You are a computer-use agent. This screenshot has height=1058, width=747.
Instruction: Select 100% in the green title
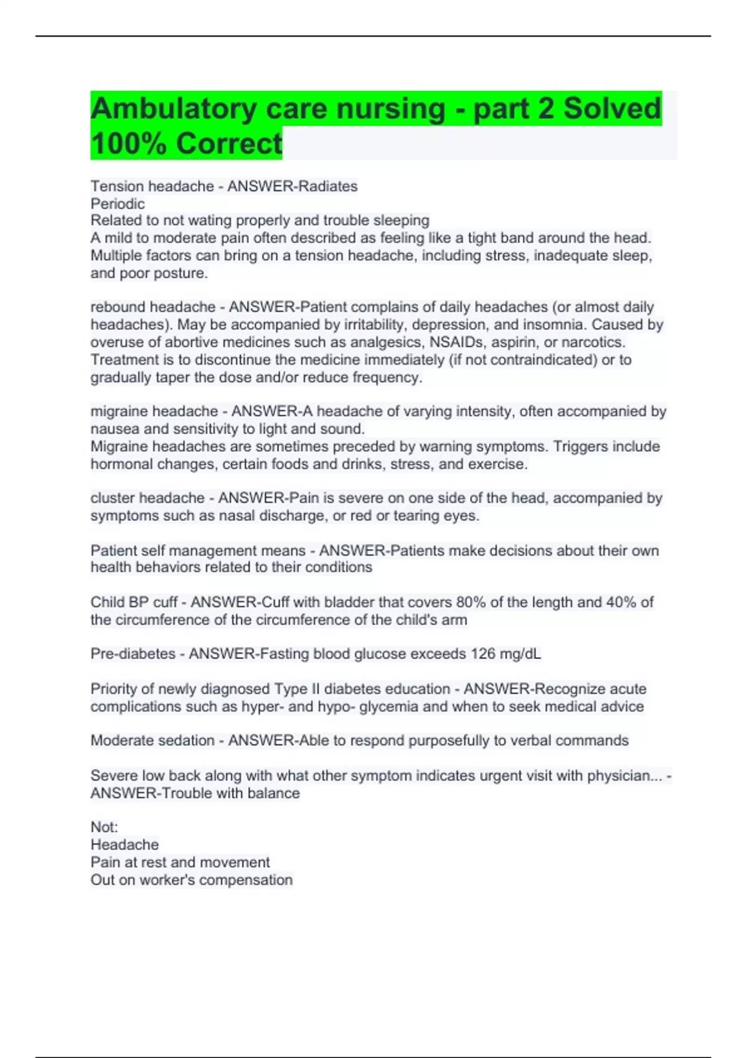pyautogui.click(x=128, y=144)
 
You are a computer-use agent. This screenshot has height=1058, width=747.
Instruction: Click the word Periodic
pyautogui.click(x=118, y=204)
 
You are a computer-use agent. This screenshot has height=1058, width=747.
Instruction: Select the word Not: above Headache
pyautogui.click(x=104, y=827)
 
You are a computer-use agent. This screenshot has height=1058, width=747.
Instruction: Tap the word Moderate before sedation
pyautogui.click(x=121, y=741)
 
